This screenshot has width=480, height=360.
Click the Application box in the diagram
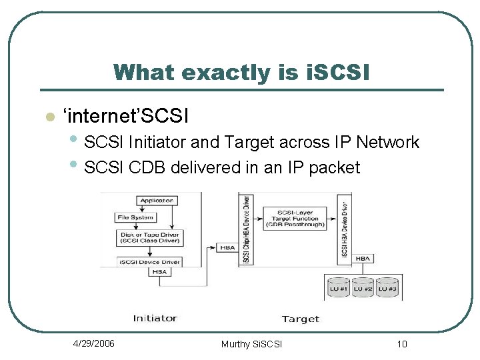(157, 200)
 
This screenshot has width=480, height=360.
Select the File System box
(136, 217)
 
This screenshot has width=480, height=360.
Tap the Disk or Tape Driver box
(150, 237)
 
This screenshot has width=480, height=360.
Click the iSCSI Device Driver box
(151, 262)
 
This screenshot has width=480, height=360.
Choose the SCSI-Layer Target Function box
(295, 219)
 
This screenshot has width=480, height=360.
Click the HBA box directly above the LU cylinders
(363, 259)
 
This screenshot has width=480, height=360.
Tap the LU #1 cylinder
(339, 287)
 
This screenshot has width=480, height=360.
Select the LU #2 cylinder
(363, 287)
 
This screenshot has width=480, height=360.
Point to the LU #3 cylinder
(387, 287)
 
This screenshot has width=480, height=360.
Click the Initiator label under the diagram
(155, 318)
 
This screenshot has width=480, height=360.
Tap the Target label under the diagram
(300, 319)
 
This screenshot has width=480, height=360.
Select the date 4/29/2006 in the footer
(93, 343)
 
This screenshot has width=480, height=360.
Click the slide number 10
(401, 344)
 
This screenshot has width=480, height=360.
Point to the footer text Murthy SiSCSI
(251, 344)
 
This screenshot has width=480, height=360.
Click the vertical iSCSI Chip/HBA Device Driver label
(245, 229)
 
